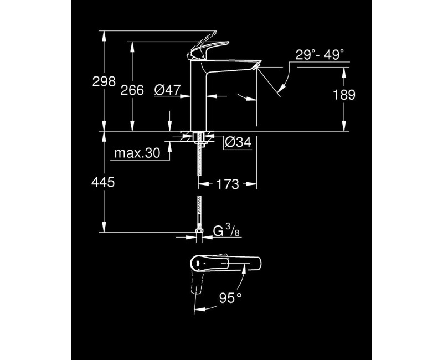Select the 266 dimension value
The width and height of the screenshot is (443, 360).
click(x=132, y=90)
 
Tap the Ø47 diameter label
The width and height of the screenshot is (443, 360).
click(x=168, y=90)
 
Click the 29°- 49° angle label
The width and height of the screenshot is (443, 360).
click(x=320, y=54)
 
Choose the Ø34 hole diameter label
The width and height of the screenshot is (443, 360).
click(x=238, y=143)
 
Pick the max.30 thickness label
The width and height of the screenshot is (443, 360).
click(x=133, y=153)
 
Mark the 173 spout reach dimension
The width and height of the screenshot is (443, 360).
click(x=228, y=184)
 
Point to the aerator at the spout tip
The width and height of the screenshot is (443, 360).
click(x=255, y=68)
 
